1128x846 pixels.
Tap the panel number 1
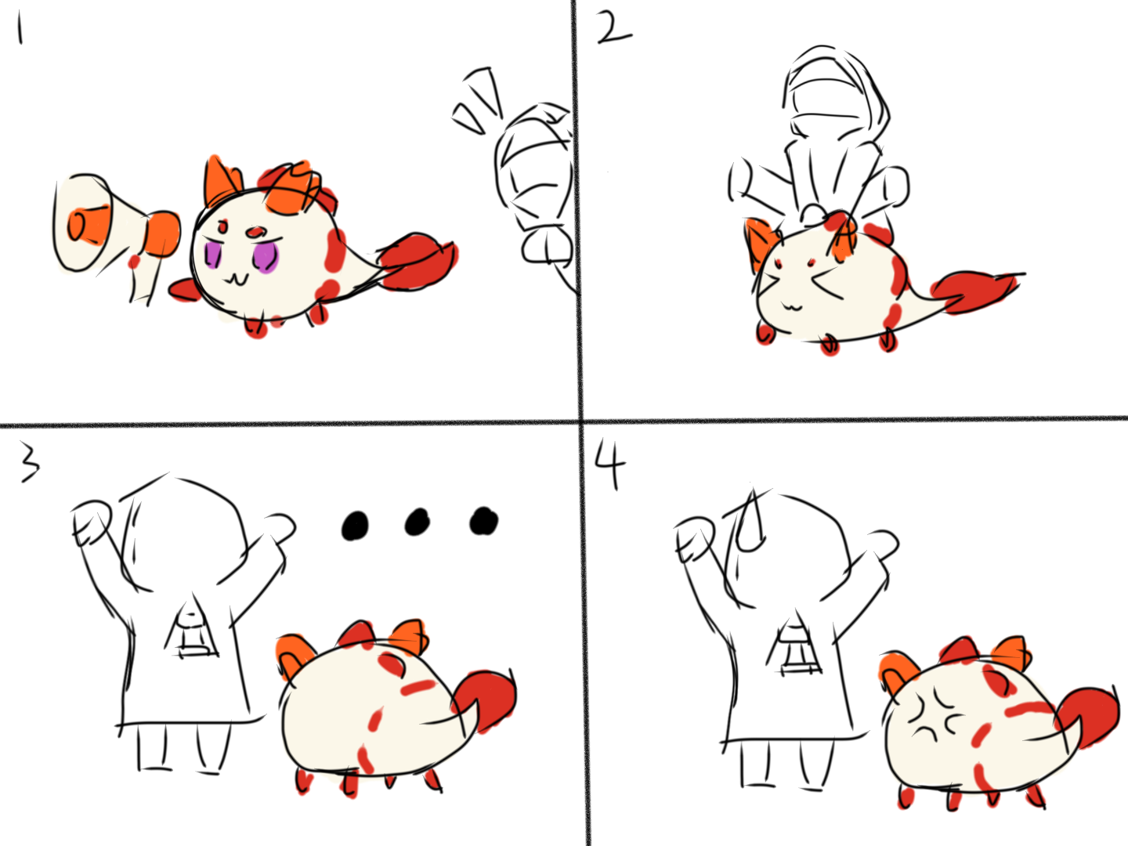pos(20,29)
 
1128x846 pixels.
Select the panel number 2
pos(614,27)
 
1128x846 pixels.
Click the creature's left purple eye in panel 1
pos(213,255)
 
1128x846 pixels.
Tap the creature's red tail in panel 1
pos(419,263)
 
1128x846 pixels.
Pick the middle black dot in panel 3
pos(418,522)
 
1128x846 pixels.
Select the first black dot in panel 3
pos(355,526)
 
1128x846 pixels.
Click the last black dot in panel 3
pos(483,521)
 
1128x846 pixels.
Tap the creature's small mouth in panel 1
pos(237,280)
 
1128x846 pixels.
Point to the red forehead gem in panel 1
pos(255,232)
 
